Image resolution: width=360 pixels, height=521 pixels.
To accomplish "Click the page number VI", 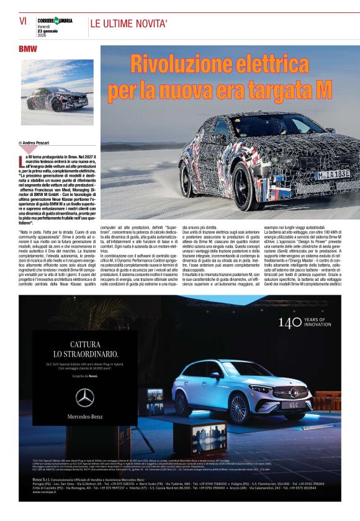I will (x=23, y=21).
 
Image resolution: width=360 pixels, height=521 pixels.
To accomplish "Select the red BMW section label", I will (x=27, y=48).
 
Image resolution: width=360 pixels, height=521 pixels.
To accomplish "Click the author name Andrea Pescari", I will (x=39, y=143).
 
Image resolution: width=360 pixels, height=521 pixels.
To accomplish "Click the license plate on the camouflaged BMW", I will (x=333, y=176).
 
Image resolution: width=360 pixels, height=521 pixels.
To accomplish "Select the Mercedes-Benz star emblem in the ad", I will (x=85, y=398).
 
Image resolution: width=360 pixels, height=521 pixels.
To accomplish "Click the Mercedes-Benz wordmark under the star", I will (x=85, y=416).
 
